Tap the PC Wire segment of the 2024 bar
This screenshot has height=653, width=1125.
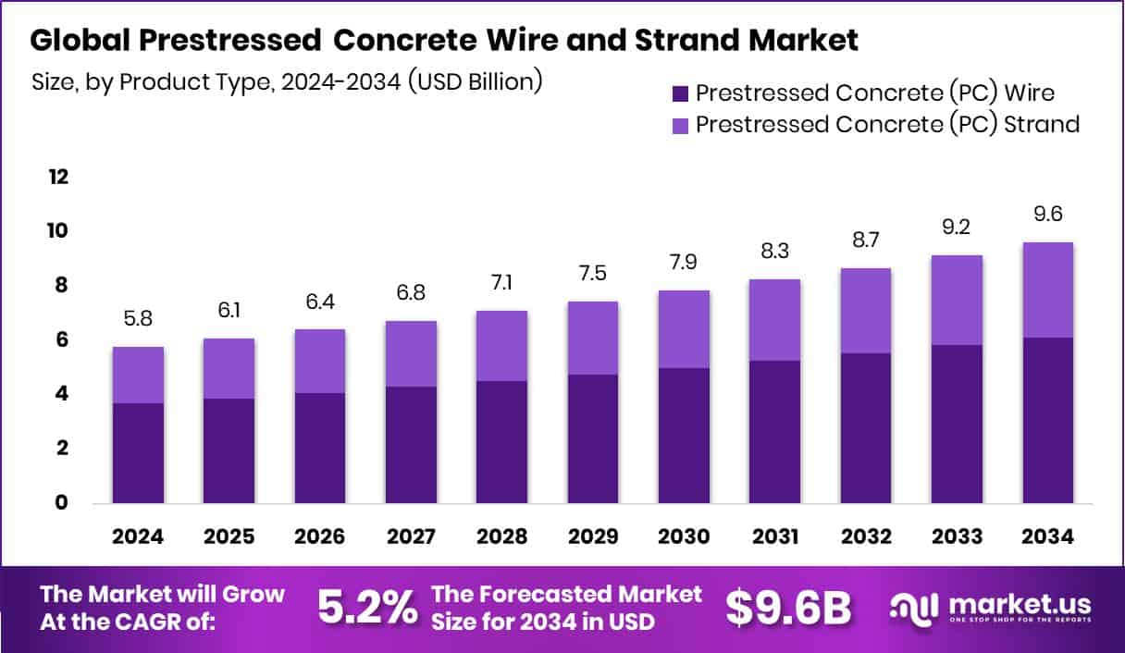tap(138, 453)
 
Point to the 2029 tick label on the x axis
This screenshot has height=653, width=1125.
tap(593, 536)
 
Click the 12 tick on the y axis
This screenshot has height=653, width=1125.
tap(57, 177)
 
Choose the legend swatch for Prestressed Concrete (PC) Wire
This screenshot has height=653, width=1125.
tap(681, 92)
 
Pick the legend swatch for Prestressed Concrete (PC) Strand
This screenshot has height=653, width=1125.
tap(681, 124)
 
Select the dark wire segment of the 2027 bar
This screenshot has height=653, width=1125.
tap(411, 445)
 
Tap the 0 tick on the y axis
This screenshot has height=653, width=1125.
tap(61, 503)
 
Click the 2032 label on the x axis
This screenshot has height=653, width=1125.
tap(867, 536)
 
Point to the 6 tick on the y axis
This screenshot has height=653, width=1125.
tap(61, 339)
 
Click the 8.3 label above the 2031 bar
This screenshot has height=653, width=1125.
tap(775, 252)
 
